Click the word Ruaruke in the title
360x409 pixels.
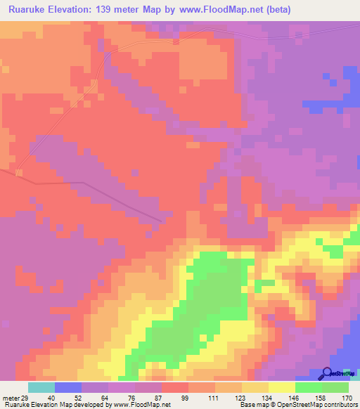pyautogui.click(x=30, y=10)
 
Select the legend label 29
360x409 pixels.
pyautogui.click(x=25, y=398)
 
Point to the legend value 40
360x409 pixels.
pyautogui.click(x=53, y=398)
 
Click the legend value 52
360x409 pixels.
pyautogui.click(x=81, y=398)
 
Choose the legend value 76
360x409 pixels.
pyautogui.click(x=134, y=398)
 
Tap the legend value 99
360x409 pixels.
pyautogui.click(x=187, y=398)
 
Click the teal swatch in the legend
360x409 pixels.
pyautogui.click(x=41, y=387)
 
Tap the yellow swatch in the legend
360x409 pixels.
pyautogui.click(x=282, y=387)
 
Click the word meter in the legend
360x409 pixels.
pyautogui.click(x=11, y=398)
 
